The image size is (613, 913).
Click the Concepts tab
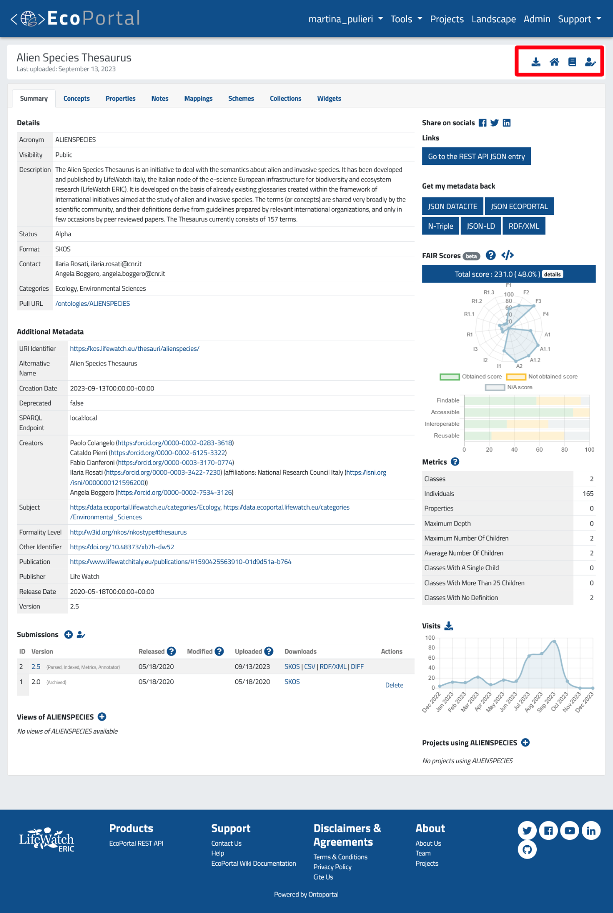76,99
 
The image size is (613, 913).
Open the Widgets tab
329,99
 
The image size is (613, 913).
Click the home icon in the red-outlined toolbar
554,62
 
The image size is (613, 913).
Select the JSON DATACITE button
452,206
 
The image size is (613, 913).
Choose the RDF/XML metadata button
523,226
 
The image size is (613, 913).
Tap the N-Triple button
440,226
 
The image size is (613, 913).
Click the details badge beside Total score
552,274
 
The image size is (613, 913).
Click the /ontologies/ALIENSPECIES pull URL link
92,304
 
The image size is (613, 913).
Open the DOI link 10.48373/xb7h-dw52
122,547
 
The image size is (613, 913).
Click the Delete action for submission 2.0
394,685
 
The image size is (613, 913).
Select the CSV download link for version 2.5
310,666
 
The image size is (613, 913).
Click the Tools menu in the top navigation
406,19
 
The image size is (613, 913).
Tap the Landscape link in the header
494,19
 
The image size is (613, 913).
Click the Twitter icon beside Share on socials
494,123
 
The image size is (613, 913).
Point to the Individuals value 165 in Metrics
588,494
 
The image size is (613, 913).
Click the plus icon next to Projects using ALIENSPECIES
526,743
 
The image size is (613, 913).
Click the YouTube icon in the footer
569,831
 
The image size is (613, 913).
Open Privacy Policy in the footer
332,867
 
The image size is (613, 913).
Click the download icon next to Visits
449,626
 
